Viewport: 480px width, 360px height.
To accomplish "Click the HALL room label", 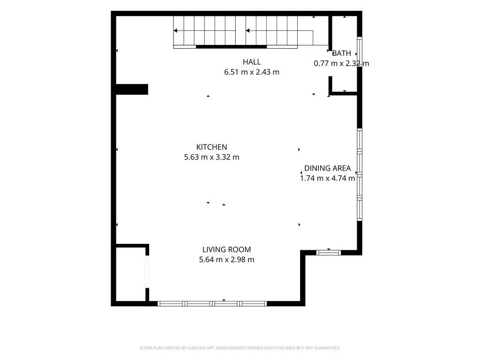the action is [252, 62].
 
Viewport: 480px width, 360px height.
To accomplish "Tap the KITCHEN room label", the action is [211, 147].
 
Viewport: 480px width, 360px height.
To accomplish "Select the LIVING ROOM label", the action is [226, 249].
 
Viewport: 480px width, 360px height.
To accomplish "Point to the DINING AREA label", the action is [327, 168].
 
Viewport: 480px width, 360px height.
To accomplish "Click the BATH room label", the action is [341, 53].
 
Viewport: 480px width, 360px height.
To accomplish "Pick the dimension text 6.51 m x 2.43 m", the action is [252, 72].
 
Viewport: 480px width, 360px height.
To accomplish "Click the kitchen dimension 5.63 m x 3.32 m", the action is [211, 157].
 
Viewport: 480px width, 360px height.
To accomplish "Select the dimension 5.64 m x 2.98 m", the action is [226, 260].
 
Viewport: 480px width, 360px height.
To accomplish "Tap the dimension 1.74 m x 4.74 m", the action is [327, 178].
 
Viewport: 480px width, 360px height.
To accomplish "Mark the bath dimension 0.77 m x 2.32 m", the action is [341, 63].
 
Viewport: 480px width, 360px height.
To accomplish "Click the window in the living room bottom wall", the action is [212, 304].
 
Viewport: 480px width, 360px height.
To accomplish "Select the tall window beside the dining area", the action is [360, 174].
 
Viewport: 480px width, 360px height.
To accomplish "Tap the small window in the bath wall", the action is [360, 52].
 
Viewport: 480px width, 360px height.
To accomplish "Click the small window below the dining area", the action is [329, 253].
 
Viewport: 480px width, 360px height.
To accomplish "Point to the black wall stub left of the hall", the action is [132, 90].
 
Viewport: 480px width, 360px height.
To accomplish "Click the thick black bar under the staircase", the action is [231, 47].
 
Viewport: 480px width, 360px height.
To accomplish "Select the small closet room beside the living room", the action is [131, 274].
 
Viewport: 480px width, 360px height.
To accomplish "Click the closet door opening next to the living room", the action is [147, 271].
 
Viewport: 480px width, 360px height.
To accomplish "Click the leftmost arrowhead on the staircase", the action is [175, 30].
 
